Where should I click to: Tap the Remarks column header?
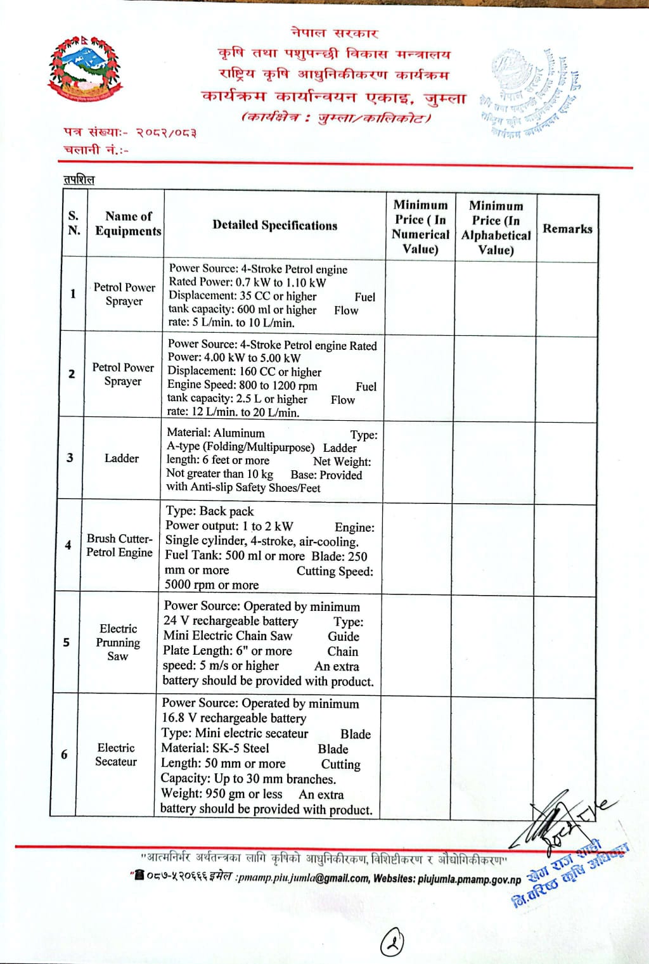(x=567, y=229)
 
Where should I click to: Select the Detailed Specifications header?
(x=275, y=225)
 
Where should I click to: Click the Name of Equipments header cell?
(x=128, y=223)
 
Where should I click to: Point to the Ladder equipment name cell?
(x=121, y=458)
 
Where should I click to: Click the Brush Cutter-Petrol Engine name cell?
(x=119, y=545)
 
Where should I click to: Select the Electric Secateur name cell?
(x=116, y=754)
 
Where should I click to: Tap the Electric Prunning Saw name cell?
(x=118, y=642)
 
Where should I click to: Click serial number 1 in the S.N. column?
(x=73, y=293)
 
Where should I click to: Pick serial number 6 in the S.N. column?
(x=64, y=754)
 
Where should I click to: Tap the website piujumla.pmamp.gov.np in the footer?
(x=469, y=879)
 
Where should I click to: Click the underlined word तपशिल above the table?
(x=79, y=180)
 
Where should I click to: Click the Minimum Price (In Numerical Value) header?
(x=420, y=226)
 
